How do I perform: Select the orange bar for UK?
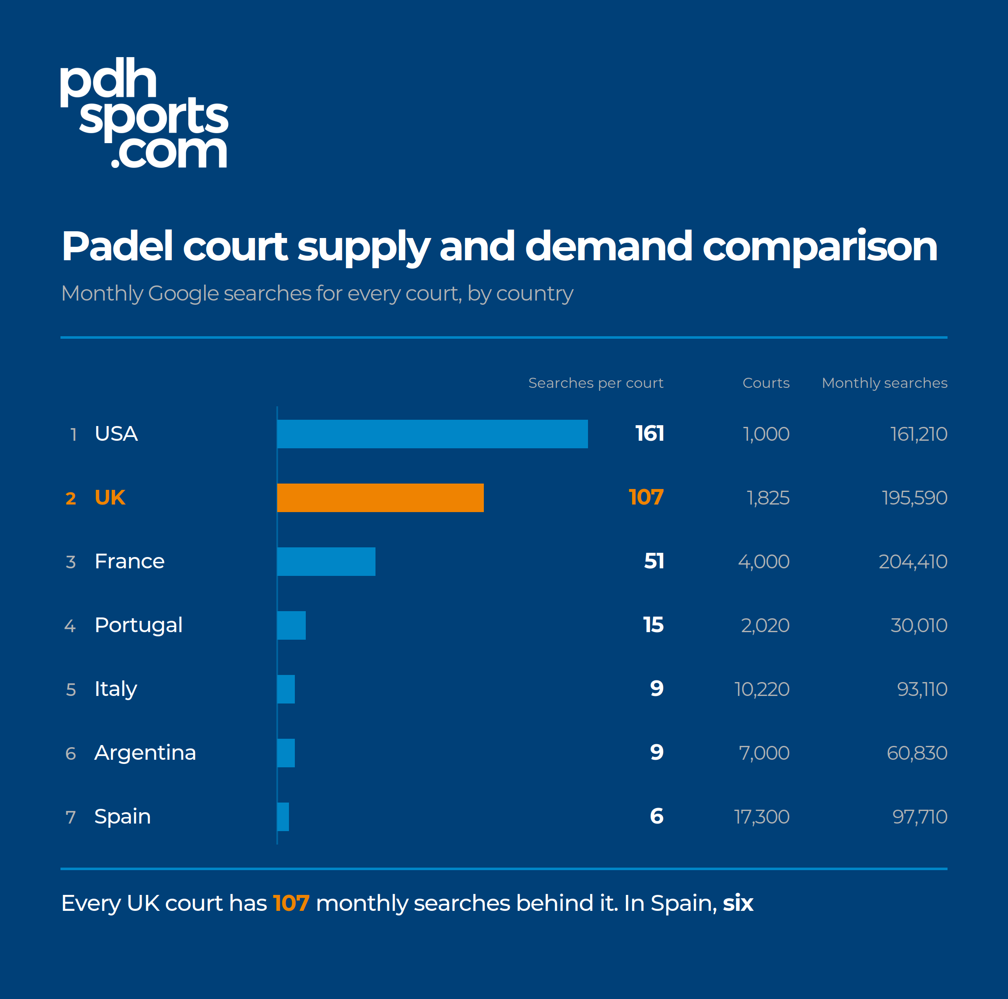[x=381, y=497]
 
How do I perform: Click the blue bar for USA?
[x=433, y=434]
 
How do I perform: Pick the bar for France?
[x=326, y=562]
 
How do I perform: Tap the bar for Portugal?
[x=291, y=625]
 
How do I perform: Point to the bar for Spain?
[x=283, y=816]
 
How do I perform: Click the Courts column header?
[x=766, y=383]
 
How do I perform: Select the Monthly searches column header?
[x=885, y=383]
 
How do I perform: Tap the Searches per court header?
[x=596, y=383]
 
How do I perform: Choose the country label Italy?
[x=116, y=689]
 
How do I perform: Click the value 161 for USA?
[x=650, y=434]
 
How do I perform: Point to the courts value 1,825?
[x=768, y=498]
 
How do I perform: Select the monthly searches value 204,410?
[x=913, y=562]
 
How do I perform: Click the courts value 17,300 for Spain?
[x=762, y=816]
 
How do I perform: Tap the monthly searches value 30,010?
[x=919, y=625]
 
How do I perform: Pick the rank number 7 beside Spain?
[x=71, y=817]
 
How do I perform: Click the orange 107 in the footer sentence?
[x=291, y=903]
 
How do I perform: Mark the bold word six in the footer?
[x=738, y=903]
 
